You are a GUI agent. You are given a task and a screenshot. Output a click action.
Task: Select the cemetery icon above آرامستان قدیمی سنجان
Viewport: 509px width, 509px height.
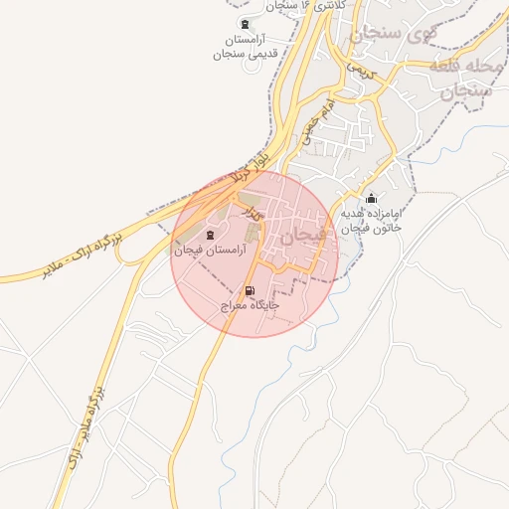pyautogui.click(x=245, y=24)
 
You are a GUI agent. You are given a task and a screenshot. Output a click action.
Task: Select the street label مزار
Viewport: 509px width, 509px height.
pyautogui.click(x=254, y=212)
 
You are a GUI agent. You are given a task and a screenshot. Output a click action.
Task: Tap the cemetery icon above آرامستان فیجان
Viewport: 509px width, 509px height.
pyautogui.click(x=209, y=234)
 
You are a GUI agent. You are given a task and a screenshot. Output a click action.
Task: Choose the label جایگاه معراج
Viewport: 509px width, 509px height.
pyautogui.click(x=249, y=305)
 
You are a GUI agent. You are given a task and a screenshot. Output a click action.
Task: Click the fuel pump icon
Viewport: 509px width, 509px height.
pyautogui.click(x=249, y=290)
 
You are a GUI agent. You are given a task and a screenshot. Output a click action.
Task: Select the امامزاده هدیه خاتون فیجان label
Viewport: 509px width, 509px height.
pyautogui.click(x=372, y=220)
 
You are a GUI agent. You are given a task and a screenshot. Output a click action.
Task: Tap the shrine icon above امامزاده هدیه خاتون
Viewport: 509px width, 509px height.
pyautogui.click(x=372, y=199)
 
